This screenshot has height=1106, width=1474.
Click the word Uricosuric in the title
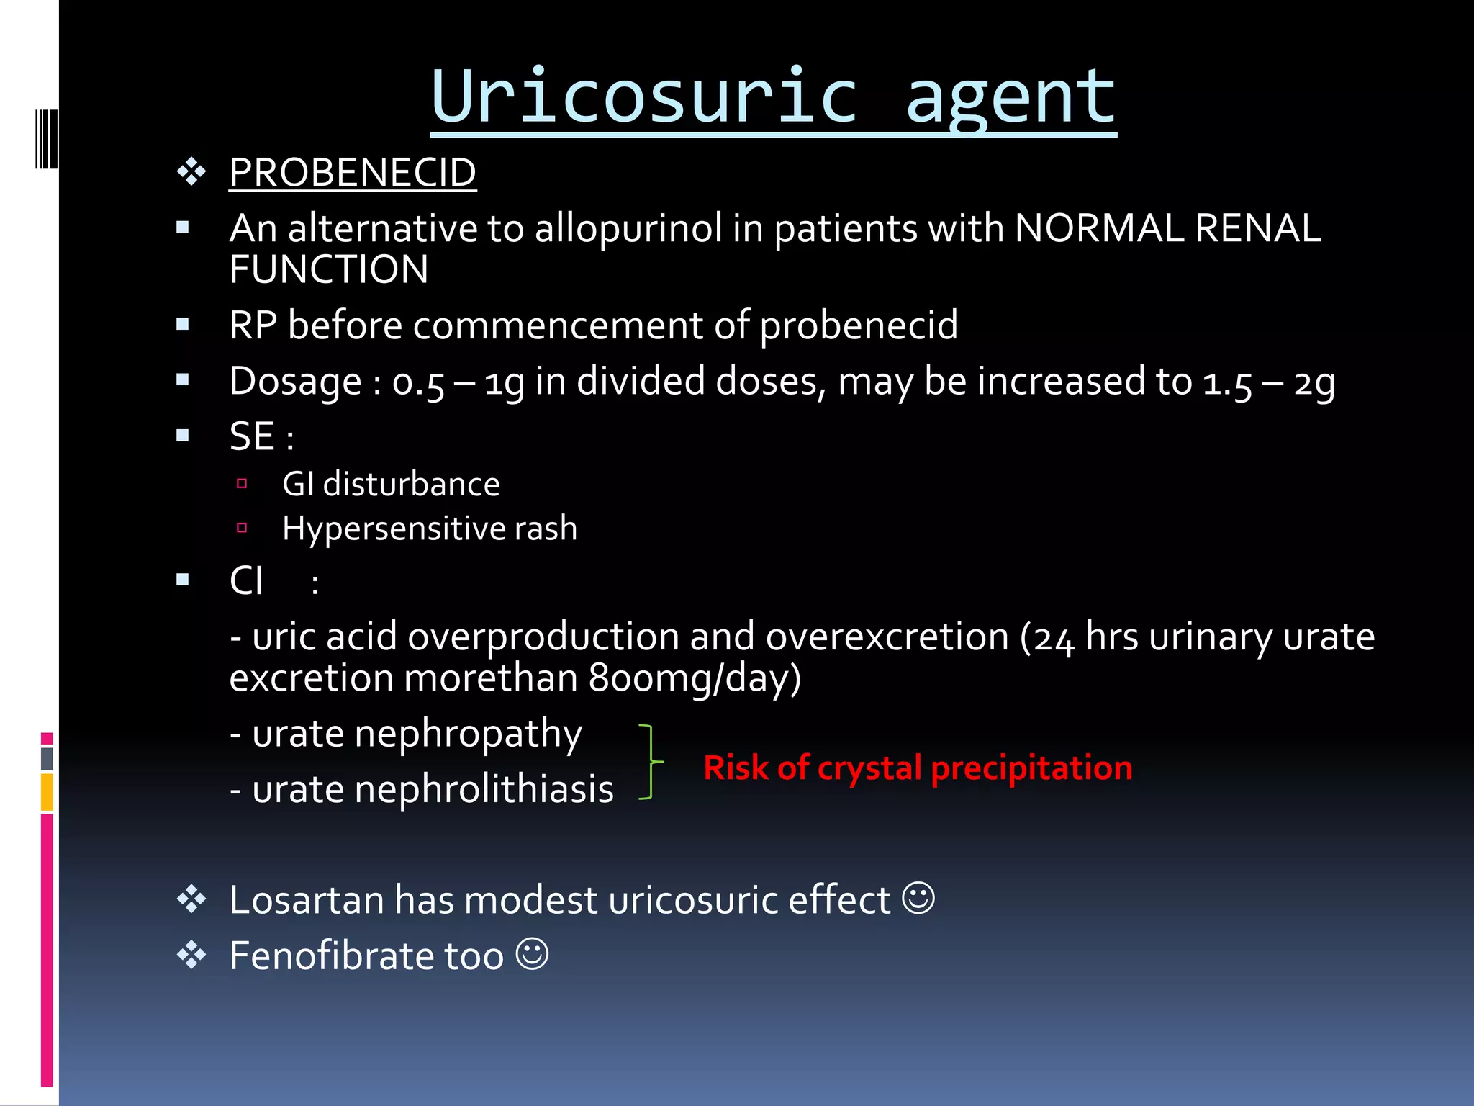point(644,97)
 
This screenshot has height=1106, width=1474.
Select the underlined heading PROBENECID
point(353,173)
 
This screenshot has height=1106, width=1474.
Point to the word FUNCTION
point(329,270)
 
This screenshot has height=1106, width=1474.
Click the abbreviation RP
point(253,325)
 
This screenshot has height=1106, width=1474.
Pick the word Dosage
point(295,382)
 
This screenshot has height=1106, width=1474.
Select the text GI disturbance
point(391,484)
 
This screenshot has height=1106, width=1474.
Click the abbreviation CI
point(246,580)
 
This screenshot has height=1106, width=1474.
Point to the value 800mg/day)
point(695,678)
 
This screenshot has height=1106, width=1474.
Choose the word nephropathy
point(468,735)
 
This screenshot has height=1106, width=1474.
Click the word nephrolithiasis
point(484,790)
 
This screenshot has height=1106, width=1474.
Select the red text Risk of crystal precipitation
point(918,768)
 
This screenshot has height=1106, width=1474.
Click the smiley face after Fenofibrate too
point(533,954)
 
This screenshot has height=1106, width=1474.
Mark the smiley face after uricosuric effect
point(919,899)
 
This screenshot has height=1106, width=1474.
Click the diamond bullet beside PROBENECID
point(191,173)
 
